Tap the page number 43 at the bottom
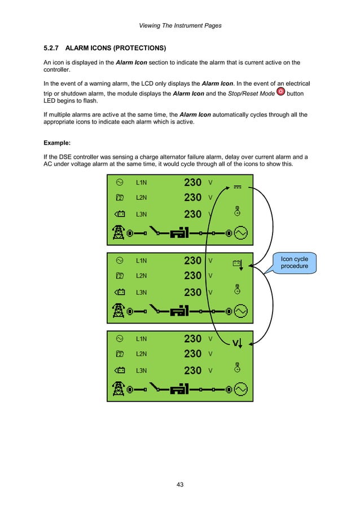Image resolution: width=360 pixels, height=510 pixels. click(180, 485)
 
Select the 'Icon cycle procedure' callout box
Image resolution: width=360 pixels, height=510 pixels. click(294, 263)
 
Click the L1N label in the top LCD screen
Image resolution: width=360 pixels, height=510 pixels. click(141, 182)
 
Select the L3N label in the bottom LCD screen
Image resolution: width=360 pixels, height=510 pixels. click(141, 370)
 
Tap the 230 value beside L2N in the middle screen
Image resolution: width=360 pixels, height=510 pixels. click(193, 276)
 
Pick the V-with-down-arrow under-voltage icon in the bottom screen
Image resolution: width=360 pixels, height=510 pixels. click(238, 342)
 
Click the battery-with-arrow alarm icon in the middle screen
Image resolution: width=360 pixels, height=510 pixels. click(238, 263)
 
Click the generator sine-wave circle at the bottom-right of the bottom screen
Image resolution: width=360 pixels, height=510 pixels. click(241, 389)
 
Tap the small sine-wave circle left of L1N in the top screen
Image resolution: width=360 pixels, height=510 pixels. click(120, 182)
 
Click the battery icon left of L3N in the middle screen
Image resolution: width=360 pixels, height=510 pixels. click(120, 292)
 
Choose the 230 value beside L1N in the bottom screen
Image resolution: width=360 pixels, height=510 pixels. click(193, 339)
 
